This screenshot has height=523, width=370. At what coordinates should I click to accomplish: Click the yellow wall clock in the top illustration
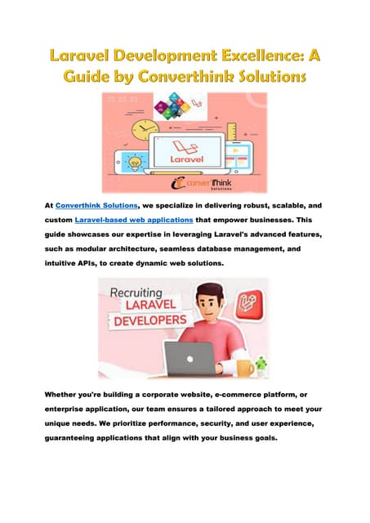point(144,132)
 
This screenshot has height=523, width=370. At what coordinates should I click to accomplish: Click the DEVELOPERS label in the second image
point(151,321)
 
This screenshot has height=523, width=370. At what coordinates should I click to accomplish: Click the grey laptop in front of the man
point(189,357)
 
